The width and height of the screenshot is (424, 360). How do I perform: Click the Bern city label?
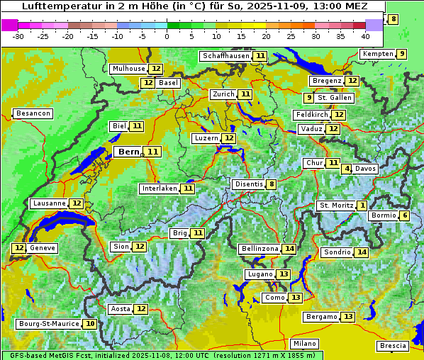click(x=129, y=152)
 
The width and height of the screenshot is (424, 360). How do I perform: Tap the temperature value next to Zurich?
click(x=245, y=94)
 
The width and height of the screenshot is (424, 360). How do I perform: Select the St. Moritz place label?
click(x=335, y=206)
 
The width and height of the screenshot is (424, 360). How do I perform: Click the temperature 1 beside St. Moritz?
click(x=362, y=206)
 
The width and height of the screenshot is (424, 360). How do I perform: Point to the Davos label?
click(x=366, y=169)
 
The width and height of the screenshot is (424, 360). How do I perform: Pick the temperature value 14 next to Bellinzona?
click(x=289, y=249)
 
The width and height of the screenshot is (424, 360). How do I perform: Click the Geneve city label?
click(x=43, y=248)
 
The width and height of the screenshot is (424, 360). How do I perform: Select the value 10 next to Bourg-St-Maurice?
click(x=89, y=324)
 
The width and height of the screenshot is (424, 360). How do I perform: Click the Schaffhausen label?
click(x=225, y=56)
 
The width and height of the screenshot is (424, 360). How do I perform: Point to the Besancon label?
click(x=33, y=113)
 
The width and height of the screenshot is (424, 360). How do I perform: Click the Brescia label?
click(x=393, y=346)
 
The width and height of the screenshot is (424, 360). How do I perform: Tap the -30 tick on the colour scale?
click(x=18, y=36)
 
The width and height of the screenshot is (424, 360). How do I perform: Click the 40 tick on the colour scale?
click(x=365, y=36)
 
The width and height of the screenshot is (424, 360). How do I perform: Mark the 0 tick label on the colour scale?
click(x=167, y=36)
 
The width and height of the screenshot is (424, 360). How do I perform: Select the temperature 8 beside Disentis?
click(x=271, y=184)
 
